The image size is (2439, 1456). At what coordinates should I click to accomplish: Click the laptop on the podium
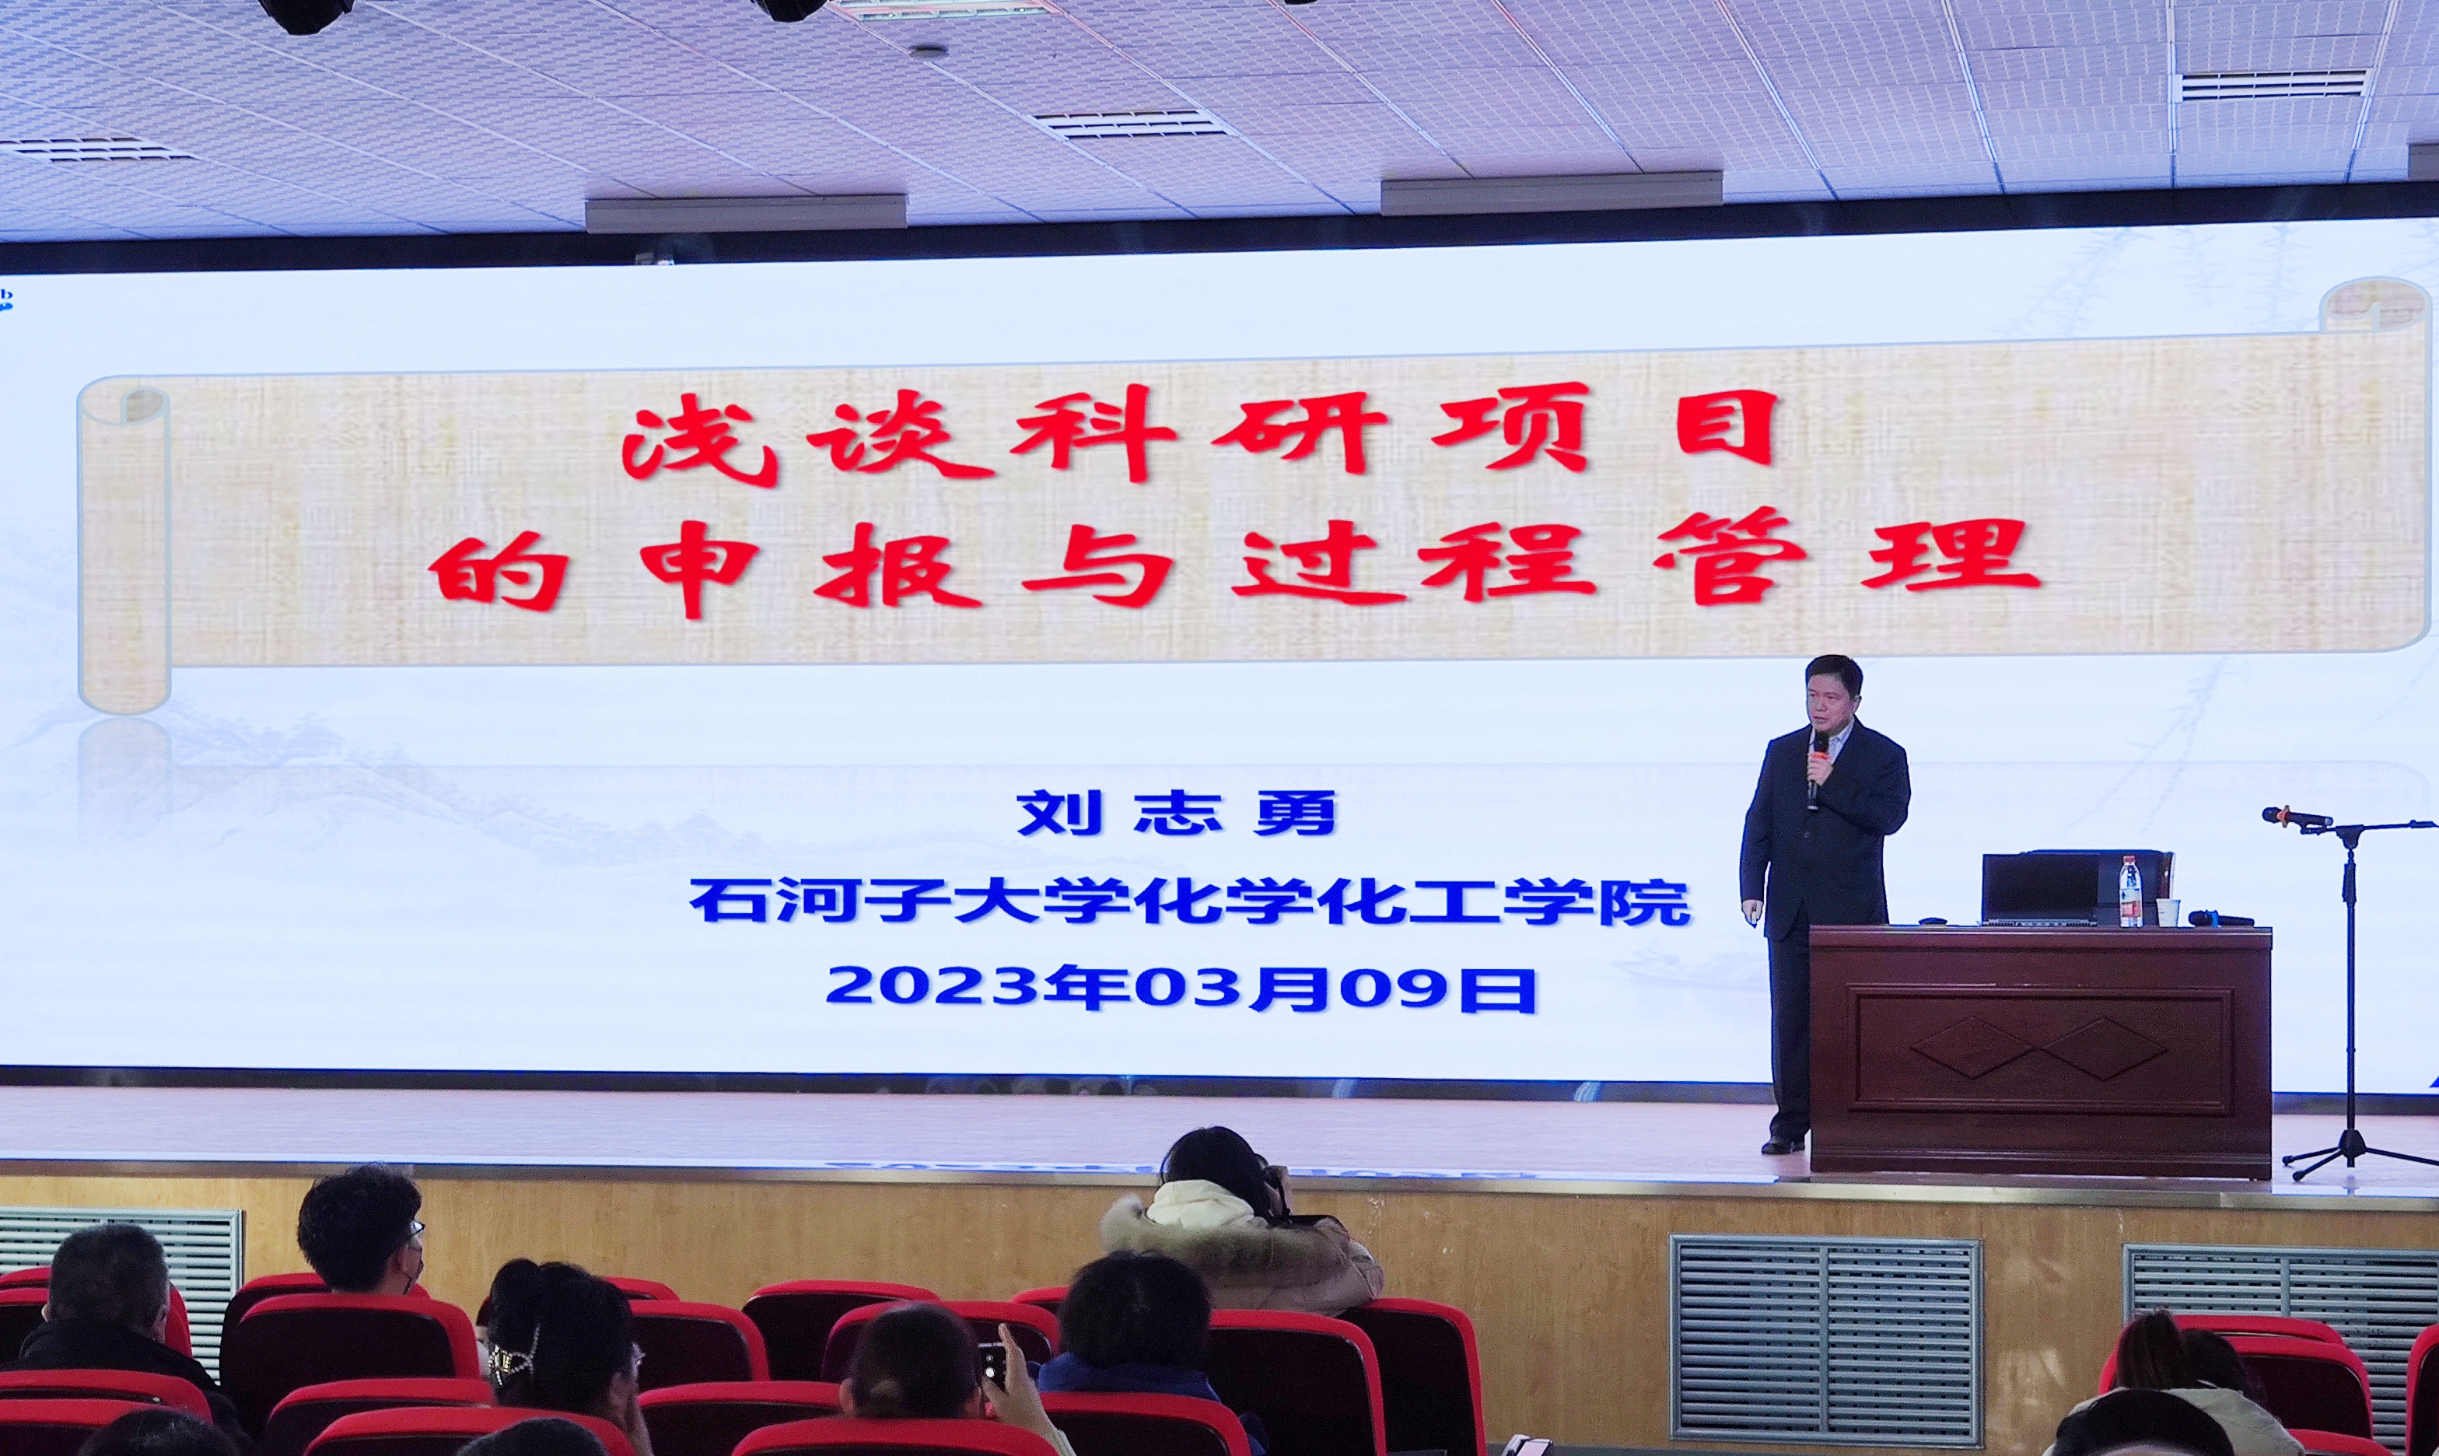pos(2041,888)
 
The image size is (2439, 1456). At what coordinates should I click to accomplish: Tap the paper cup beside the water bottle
pos(2165,912)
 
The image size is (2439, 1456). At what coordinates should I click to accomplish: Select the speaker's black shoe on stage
pos(1783,1144)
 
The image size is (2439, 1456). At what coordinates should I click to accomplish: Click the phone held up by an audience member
pos(991,1362)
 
